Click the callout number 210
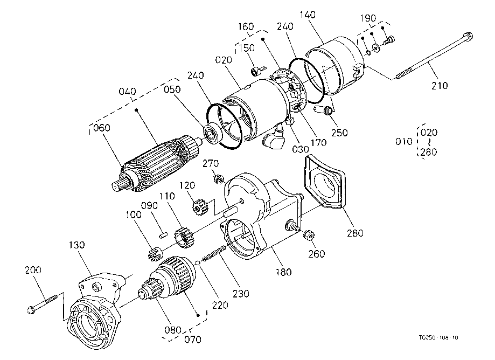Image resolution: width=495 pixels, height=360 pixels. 440,85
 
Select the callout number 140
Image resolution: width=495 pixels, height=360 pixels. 308,15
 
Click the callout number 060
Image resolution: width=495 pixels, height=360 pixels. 102,128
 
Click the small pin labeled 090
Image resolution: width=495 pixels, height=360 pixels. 163,234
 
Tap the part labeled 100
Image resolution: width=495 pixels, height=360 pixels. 155,253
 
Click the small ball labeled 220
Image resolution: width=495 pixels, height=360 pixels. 198,262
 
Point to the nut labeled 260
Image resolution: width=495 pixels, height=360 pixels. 308,236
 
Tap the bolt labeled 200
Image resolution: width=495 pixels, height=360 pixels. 43,304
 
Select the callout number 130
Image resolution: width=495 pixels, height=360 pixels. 76,245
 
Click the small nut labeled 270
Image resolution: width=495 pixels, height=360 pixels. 217,179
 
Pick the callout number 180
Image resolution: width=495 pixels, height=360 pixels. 283,272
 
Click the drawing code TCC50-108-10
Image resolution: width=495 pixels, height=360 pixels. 438,337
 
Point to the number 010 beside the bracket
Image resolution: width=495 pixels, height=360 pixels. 404,142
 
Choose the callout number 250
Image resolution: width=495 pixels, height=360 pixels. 339,133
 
